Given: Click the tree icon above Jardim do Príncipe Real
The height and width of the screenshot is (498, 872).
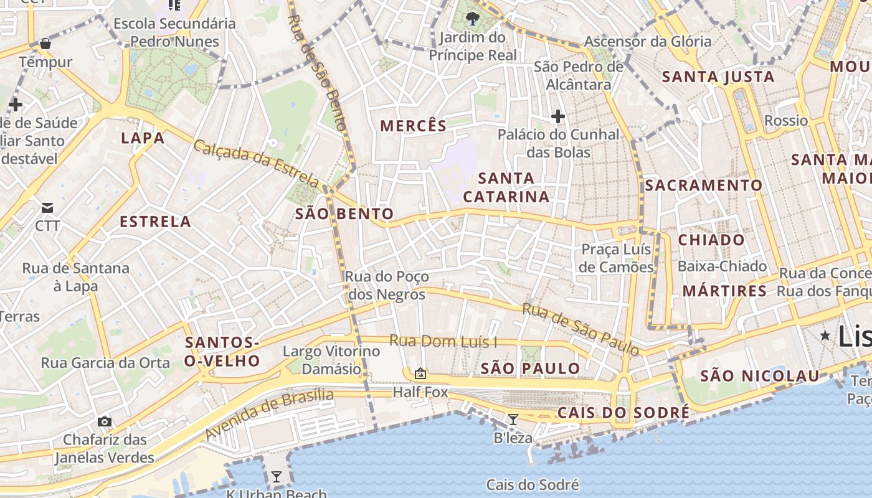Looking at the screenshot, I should pos(472,17).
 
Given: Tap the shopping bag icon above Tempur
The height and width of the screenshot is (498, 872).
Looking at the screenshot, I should pos(45,44).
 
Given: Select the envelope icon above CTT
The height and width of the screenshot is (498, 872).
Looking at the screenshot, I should pos(47,207).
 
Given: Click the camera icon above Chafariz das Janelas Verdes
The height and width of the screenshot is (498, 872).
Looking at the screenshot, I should pos(105,421).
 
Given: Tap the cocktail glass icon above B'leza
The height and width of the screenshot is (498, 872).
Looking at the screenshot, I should pos(513,420).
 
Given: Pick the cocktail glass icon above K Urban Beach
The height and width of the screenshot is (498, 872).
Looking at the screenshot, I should pos(277,477).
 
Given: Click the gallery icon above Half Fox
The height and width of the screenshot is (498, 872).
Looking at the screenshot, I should pos(420,374).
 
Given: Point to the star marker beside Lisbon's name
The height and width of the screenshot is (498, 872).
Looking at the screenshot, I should pos(825,336).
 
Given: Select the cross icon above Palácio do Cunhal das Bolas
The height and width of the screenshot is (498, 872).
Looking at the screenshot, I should pos(557,116).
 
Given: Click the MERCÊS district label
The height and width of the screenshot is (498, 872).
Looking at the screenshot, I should pos(414,126).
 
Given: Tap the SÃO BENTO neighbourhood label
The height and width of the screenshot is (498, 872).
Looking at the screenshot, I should pos(344,214).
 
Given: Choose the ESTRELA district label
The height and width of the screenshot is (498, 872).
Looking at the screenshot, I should pos(155,222).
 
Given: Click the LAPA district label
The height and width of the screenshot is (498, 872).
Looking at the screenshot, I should pos(143,138).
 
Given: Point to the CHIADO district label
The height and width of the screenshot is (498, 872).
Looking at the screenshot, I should pos(711,240).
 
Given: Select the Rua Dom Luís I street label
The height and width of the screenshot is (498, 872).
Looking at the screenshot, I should pos(443,341).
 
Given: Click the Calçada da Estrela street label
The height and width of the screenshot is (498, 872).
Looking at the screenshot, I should pos(256,163).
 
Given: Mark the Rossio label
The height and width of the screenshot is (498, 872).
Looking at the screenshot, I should pos(785,120).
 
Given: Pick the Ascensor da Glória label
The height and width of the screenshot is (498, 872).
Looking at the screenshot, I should pos(648,42).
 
